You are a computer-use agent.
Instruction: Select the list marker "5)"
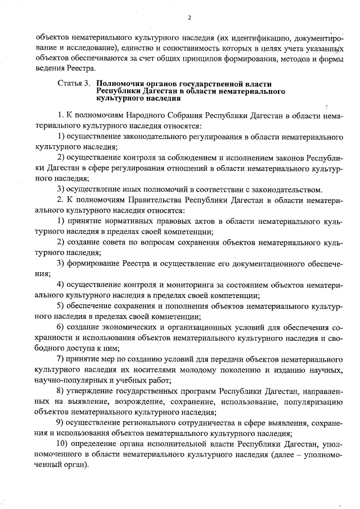click(x=62, y=306)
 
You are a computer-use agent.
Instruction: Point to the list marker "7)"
click(x=62, y=359)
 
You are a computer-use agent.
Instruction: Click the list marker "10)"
click(x=64, y=444)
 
